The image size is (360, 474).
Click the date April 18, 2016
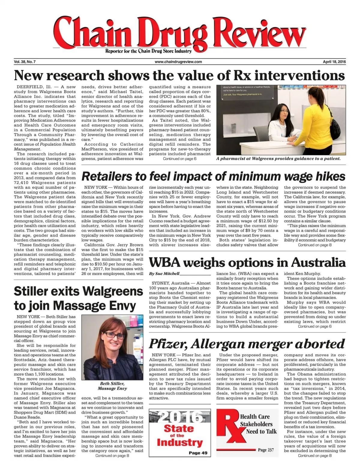[334, 62]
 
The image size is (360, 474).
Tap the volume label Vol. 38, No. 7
[25, 62]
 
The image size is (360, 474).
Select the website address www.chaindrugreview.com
[178, 62]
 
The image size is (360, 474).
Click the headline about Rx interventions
[179, 75]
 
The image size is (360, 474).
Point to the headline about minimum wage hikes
[213, 176]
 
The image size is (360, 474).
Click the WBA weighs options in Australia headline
[247, 262]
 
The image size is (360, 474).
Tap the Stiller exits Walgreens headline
[78, 298]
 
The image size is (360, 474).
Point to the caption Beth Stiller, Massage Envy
[112, 386]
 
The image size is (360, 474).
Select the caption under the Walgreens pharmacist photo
[278, 159]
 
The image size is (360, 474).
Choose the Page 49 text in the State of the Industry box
[198, 453]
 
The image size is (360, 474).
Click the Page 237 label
[266, 450]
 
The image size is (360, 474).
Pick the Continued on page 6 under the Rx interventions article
[179, 159]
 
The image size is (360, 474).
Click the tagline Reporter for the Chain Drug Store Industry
[148, 51]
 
